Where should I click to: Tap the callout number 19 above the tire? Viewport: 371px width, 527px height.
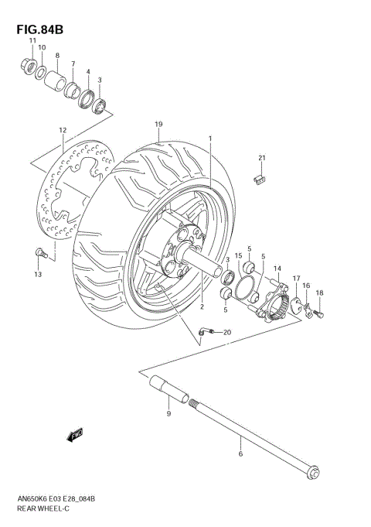[158, 125]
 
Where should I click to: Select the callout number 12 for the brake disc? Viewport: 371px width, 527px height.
[62, 130]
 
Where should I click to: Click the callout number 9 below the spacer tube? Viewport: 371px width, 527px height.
[168, 415]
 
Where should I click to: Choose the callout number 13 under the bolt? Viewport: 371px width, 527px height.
[36, 274]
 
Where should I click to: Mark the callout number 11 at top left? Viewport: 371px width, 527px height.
[32, 40]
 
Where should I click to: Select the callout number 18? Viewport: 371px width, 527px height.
[319, 293]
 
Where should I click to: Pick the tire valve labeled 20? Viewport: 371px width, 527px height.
[204, 333]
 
